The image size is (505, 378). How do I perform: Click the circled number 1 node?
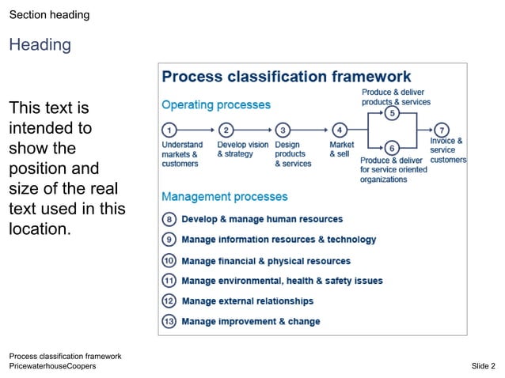tap(169, 130)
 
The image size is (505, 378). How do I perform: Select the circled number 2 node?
tap(226, 130)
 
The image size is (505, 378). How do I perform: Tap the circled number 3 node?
tap(283, 130)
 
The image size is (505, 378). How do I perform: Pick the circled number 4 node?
tap(339, 130)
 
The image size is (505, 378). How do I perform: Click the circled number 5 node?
tap(392, 114)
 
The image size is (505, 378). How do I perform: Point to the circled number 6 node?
tap(392, 147)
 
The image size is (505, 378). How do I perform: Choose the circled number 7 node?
tap(441, 130)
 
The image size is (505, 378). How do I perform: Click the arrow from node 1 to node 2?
tap(197, 130)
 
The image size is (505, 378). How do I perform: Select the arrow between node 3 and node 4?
tap(310, 130)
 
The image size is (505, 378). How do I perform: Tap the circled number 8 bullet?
tap(169, 219)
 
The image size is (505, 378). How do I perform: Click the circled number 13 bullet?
tap(169, 321)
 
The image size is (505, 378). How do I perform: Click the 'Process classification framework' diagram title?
tap(287, 77)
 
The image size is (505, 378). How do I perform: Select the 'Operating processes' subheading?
tap(216, 104)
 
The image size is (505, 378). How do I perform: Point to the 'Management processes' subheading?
tap(225, 196)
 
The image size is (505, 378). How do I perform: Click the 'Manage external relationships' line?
tap(247, 301)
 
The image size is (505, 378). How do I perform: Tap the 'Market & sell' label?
tap(341, 149)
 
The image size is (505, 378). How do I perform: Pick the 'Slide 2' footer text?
tap(483, 366)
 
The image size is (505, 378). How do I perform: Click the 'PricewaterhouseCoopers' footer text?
tap(52, 366)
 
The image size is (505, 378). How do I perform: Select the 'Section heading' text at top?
tap(49, 15)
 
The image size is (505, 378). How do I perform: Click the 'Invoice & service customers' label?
tap(447, 150)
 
